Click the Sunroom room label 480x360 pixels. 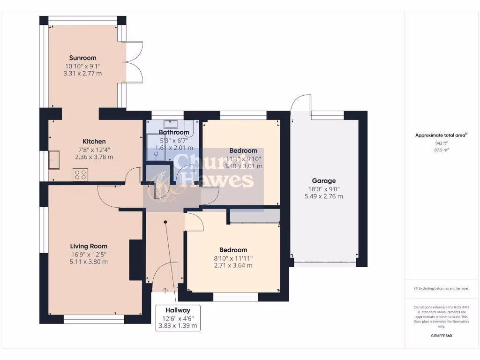click(82, 58)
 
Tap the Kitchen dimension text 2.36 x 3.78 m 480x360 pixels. click(94, 157)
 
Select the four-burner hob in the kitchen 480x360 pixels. click(80, 174)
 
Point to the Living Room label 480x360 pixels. click(89, 246)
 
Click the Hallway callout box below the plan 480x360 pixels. click(178, 318)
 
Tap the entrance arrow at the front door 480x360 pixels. click(165, 291)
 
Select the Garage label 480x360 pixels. click(323, 180)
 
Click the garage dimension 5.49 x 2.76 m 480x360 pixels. click(323, 196)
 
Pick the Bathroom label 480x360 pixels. click(174, 132)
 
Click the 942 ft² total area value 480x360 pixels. click(441, 143)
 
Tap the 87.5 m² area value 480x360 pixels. click(441, 150)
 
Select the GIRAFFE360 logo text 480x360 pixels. click(441, 336)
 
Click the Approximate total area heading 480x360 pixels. click(441, 135)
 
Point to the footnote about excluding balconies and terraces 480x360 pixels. click(441, 288)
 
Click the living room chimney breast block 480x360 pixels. click(136, 260)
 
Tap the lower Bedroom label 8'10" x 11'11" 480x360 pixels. click(233, 250)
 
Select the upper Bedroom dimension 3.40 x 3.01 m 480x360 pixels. click(243, 166)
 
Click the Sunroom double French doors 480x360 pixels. click(134, 62)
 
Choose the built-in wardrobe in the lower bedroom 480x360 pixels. click(254, 216)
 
